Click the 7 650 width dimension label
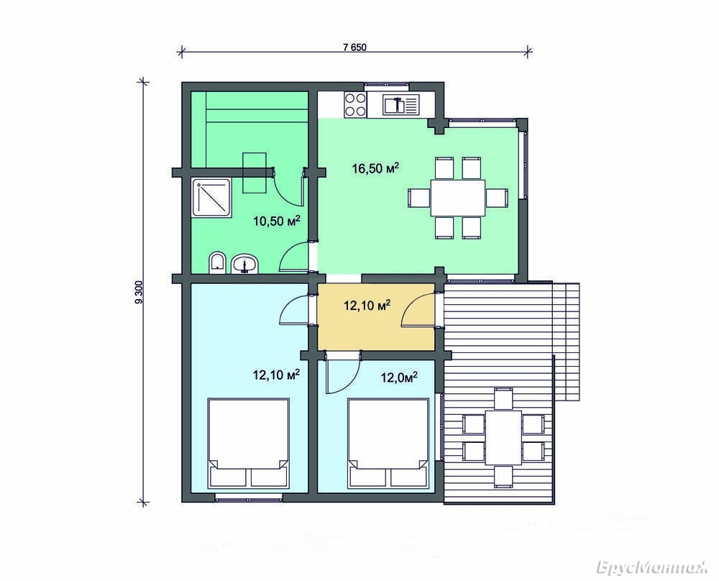[x=354, y=47]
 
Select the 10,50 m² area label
[x=277, y=221]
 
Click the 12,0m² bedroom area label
[x=399, y=377]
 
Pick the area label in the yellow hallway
[x=367, y=305]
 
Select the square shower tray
[x=213, y=198]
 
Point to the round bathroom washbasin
[x=245, y=264]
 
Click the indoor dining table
[x=457, y=198]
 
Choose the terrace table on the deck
[x=503, y=437]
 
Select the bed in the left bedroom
[x=249, y=443]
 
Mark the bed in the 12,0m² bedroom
[x=388, y=443]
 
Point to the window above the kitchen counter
[x=386, y=84]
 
